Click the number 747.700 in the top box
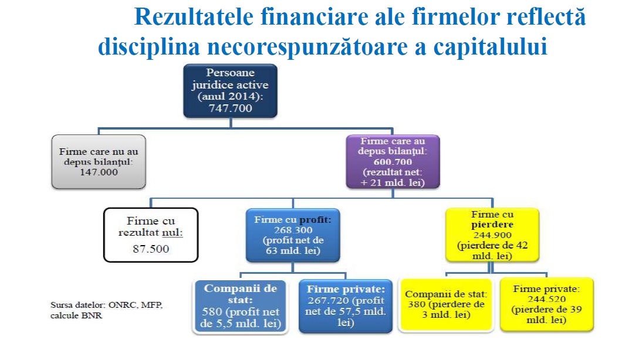pos(231,108)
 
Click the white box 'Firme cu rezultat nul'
pos(150,235)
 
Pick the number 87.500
pos(150,249)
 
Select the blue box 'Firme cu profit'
pos(293,234)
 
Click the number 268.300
pos(293,230)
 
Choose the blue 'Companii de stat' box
pos(241,305)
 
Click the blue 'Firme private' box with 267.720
pos(345,305)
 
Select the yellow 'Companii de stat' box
pos(446,304)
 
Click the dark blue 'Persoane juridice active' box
pos(231,90)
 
